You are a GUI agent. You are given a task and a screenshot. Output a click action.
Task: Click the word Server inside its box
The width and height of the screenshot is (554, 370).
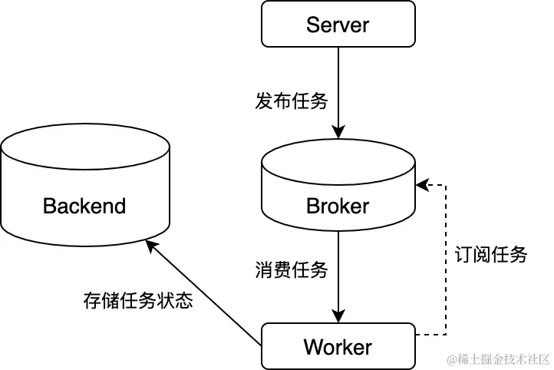(x=338, y=25)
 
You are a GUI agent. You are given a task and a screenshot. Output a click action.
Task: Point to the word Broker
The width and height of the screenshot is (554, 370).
(x=338, y=206)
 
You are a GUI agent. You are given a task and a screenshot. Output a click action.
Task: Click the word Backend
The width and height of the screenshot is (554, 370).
(x=84, y=206)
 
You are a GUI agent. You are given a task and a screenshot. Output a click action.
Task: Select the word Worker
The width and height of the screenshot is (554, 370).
(x=338, y=347)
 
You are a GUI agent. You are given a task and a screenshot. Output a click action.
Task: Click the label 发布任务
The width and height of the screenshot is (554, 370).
(x=291, y=101)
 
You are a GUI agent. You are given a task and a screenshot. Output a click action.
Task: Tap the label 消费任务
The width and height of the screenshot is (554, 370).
(x=291, y=270)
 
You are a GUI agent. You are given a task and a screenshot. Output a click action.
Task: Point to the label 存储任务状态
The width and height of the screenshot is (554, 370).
(x=137, y=300)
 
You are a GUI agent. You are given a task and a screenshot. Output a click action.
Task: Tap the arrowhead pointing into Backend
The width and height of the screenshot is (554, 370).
(x=150, y=243)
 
